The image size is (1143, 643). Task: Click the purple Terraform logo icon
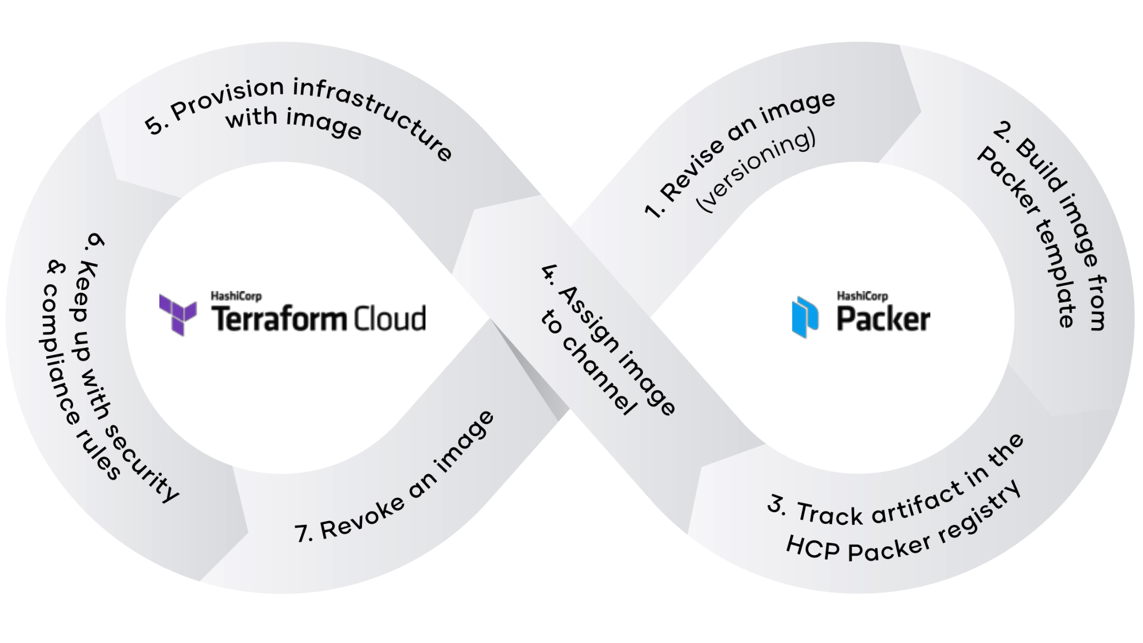point(178,314)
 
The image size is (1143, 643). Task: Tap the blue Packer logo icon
point(805,317)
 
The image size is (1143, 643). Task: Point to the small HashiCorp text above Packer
point(862,296)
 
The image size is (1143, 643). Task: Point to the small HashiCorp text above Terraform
point(236,296)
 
